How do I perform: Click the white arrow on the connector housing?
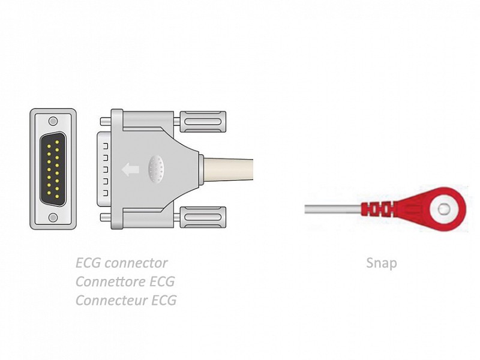[x=130, y=169]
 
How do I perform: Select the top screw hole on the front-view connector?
[x=53, y=121]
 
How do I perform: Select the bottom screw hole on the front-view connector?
[x=53, y=217]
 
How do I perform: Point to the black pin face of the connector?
[x=53, y=169]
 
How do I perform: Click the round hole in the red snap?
[x=443, y=209]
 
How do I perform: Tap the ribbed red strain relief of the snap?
[x=376, y=209]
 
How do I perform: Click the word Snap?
[x=381, y=263]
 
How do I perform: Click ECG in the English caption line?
[x=89, y=263]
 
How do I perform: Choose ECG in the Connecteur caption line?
[x=163, y=300]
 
